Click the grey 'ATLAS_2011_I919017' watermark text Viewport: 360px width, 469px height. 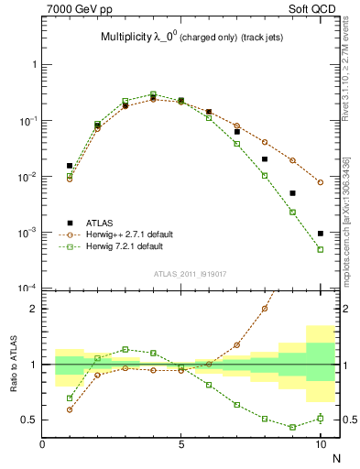[189, 273]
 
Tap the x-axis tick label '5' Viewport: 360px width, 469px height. [181, 444]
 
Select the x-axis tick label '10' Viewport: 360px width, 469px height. [321, 444]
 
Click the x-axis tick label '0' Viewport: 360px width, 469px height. [42, 444]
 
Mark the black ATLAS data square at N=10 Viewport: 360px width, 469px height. [321, 234]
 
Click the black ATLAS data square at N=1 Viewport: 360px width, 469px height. [70, 166]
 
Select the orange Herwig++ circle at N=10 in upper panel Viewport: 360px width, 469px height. [321, 182]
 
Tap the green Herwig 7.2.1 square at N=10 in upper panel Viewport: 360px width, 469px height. [321, 249]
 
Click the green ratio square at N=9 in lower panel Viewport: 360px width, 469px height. [292, 427]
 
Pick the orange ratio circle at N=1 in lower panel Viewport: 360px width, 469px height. [70, 409]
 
